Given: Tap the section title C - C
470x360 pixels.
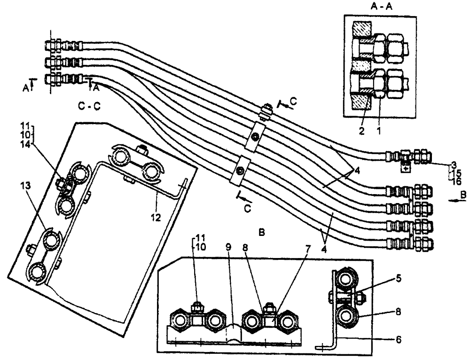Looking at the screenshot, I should (88, 107).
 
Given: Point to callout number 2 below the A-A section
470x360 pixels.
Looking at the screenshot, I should (362, 133).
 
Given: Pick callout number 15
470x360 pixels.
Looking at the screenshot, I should (454, 172).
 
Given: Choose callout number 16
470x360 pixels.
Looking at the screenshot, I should (454, 180).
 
